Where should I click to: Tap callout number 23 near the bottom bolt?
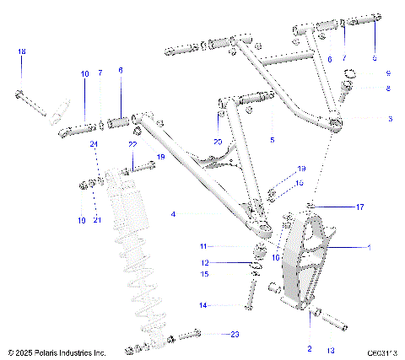pyautogui.click(x=235, y=334)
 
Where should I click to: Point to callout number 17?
pyautogui.click(x=359, y=206)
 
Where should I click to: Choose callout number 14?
pyautogui.click(x=202, y=304)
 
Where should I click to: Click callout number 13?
pyautogui.click(x=331, y=348)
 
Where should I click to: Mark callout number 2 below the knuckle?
pyautogui.click(x=310, y=348)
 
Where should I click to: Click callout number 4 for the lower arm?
pyautogui.click(x=173, y=215)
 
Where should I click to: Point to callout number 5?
pyautogui.click(x=272, y=138)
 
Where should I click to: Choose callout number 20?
pyautogui.click(x=218, y=141)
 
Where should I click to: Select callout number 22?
pyautogui.click(x=132, y=145)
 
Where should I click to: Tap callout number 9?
pyautogui.click(x=388, y=73)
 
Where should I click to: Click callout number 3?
pyautogui.click(x=389, y=119)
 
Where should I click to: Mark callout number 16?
pyautogui.click(x=300, y=181)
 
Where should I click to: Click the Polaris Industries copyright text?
pyautogui.click(x=57, y=352)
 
